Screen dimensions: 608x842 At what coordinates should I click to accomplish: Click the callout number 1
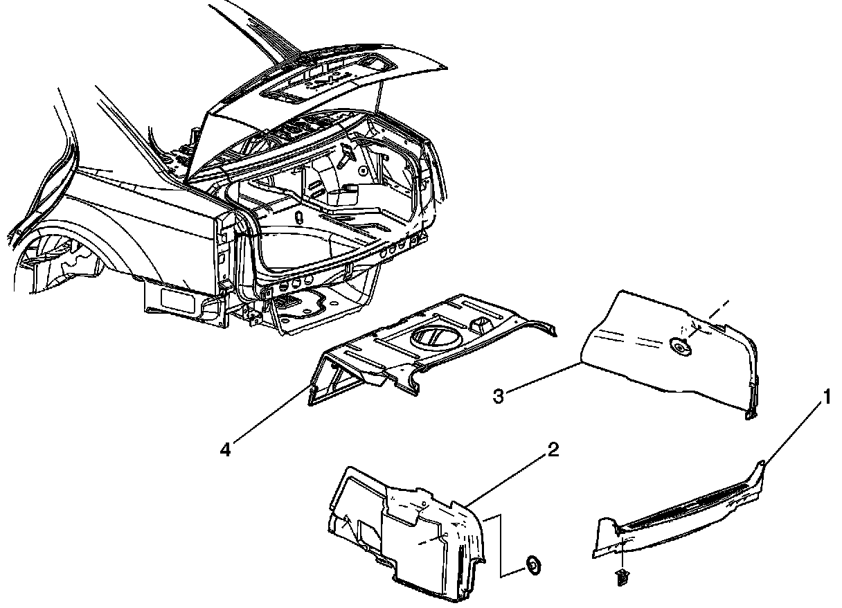825,397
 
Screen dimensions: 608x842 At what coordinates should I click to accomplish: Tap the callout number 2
552,451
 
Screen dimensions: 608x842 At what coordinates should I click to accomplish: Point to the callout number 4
224,450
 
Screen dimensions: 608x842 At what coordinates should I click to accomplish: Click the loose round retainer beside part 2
534,564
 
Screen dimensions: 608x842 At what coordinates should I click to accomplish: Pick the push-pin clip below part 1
622,574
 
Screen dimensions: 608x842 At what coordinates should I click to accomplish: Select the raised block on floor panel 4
479,323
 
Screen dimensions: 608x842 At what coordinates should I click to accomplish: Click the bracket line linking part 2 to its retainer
497,547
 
